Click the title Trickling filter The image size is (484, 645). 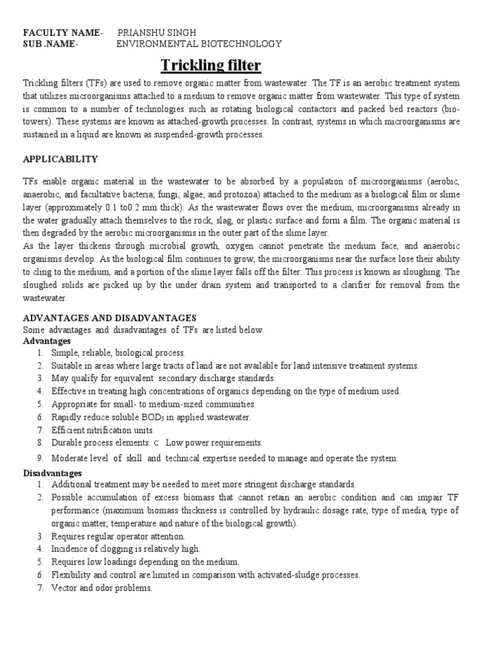210,66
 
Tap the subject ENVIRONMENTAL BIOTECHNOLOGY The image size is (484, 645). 199,43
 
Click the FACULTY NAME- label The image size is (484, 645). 62,32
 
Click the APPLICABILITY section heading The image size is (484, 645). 60,159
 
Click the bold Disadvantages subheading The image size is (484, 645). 52,472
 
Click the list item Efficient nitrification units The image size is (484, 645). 103,430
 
